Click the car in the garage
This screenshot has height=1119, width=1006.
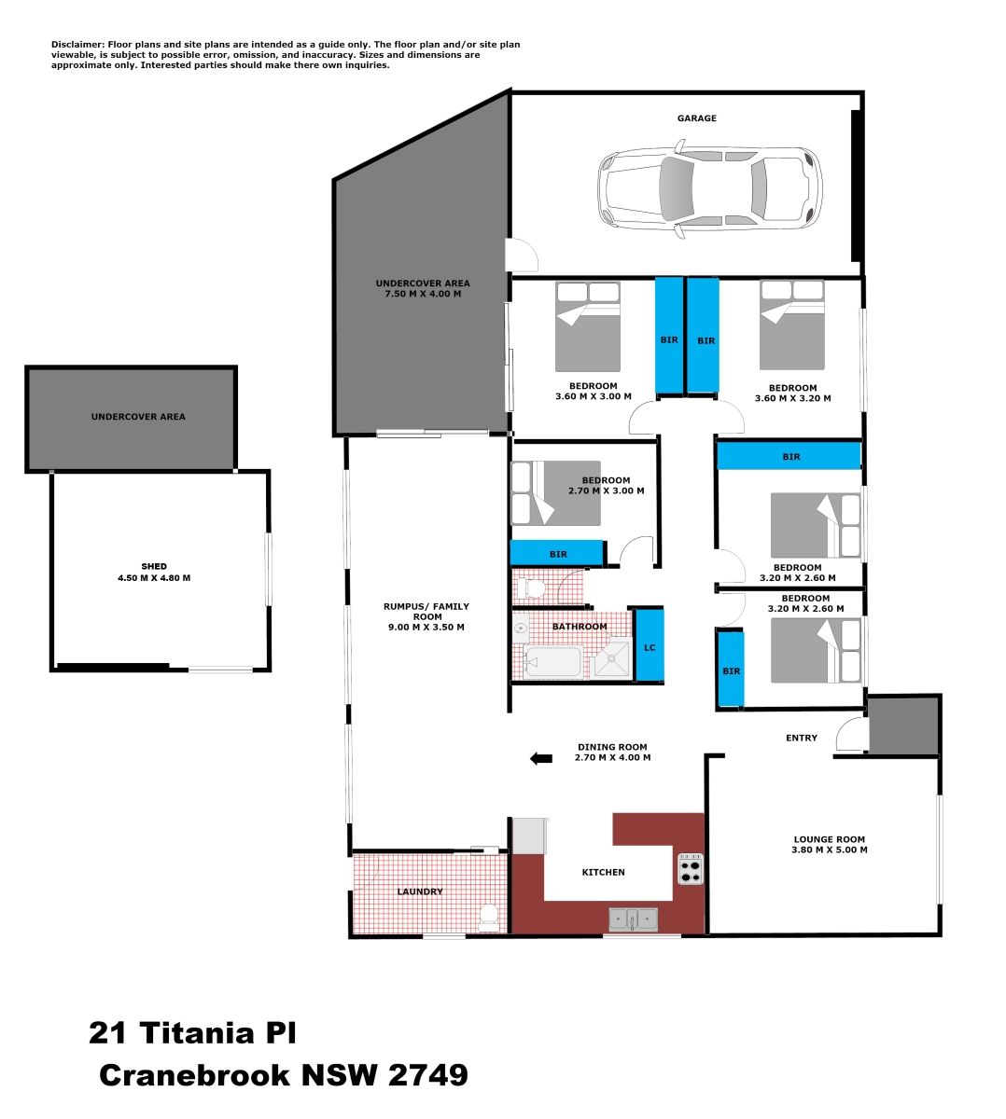(x=710, y=188)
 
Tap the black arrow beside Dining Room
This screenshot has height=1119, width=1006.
(x=541, y=758)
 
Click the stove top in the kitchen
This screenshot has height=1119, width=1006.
(x=691, y=869)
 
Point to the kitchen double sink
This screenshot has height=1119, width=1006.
(x=634, y=919)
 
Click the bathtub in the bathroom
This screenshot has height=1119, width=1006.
(x=552, y=662)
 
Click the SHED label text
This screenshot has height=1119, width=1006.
(x=154, y=566)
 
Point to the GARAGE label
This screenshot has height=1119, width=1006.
(x=696, y=118)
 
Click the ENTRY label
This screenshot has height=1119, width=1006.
(x=802, y=738)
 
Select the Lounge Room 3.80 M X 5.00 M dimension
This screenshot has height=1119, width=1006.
(x=829, y=850)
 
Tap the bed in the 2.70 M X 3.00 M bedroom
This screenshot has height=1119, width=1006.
(x=555, y=492)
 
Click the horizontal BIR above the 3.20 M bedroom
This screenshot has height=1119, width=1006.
(x=789, y=456)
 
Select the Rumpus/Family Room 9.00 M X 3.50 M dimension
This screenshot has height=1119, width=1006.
(x=426, y=628)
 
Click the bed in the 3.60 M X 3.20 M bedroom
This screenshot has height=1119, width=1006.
(x=791, y=325)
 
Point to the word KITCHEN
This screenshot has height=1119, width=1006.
(x=603, y=872)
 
